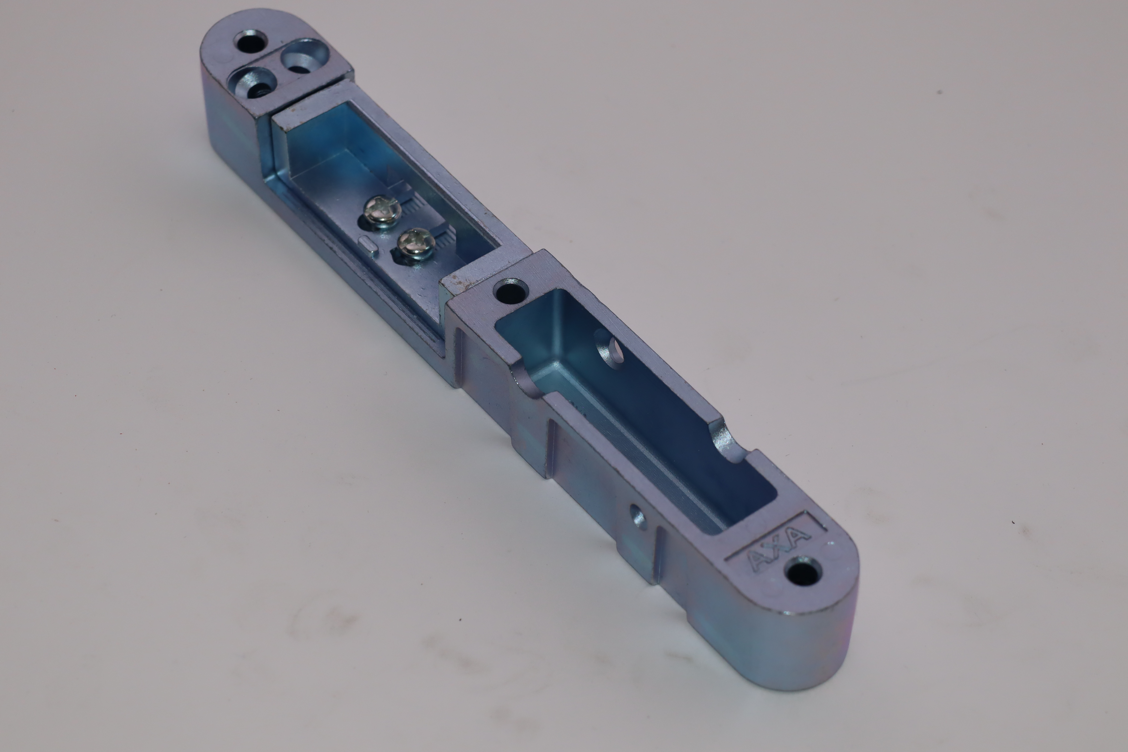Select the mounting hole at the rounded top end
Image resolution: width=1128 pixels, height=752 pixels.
(x=250, y=42)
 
